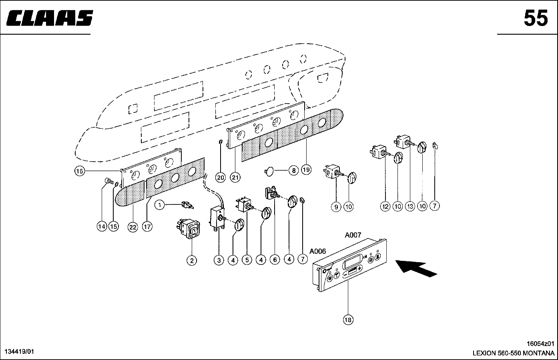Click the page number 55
pos(536,18)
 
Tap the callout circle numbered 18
pos(348,320)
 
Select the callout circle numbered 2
pos(192,260)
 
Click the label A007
pos(353,236)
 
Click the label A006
pos(318,251)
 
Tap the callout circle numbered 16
pos(80,171)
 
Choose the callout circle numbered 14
pos(102,227)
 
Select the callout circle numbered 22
pos(132,227)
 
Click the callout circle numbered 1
pos(159,206)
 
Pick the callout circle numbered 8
pos(293,171)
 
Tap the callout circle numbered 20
pos(220,178)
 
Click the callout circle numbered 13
pos(409,206)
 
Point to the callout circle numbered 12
pos(385,206)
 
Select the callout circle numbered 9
pos(336,206)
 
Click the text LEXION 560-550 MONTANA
pos(514,354)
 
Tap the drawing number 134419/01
pos(19,352)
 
